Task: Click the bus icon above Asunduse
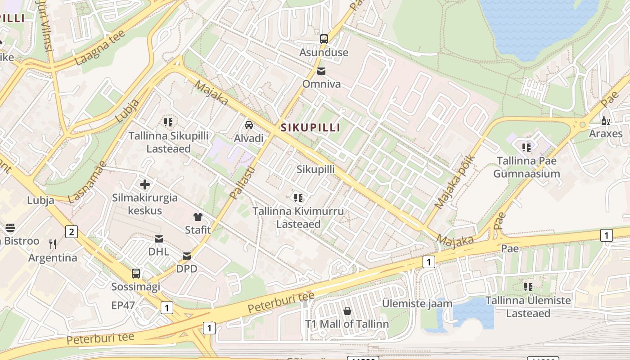324,39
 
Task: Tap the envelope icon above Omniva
321,71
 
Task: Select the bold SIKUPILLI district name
310,128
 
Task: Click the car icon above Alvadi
248,125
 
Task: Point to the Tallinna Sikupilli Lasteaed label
169,142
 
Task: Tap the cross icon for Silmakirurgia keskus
145,184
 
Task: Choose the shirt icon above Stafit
198,217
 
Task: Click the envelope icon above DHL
159,239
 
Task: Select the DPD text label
186,269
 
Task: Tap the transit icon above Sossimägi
135,273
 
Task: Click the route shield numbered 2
71,232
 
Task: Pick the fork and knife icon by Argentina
53,244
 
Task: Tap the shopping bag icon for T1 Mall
347,311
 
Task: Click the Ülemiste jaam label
417,303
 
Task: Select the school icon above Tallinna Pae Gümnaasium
526,148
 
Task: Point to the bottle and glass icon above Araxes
606,121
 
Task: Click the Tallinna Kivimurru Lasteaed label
298,217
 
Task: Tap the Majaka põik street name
454,182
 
